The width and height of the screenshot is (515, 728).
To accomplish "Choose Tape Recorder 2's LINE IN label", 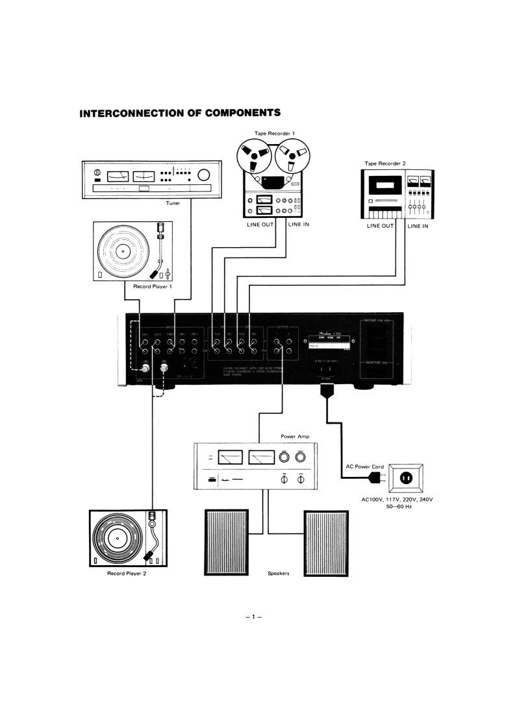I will point(421,226).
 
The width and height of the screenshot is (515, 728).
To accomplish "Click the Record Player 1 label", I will point(132,286).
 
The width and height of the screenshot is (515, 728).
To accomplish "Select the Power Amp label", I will point(294,436).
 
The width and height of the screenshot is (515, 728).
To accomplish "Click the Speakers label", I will point(279,574).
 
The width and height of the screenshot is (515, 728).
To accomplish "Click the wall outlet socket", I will point(406,479).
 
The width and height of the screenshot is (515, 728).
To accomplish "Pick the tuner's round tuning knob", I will point(205,175).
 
